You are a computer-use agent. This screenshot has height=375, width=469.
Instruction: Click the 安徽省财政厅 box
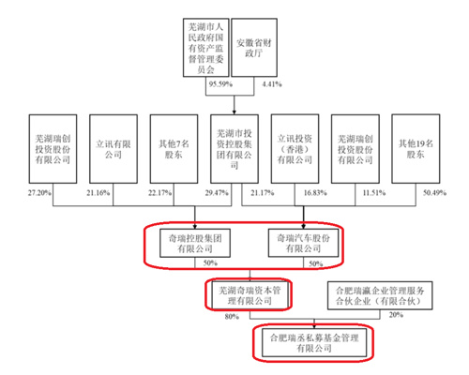coord(254,48)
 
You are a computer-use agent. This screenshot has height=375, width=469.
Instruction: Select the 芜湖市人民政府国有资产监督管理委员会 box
coord(206,48)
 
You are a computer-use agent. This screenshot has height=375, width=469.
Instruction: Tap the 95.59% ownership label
coord(220,84)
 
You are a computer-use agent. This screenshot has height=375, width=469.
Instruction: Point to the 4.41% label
coord(272,84)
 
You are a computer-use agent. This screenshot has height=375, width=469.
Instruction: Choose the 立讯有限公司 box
coord(113,149)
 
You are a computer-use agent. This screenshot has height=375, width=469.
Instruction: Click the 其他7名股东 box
coord(174,149)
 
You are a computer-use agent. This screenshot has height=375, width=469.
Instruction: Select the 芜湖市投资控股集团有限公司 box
coord(234,149)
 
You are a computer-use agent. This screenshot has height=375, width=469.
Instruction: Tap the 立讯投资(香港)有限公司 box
coord(295,149)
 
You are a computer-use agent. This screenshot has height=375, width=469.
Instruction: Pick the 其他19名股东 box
coord(416,149)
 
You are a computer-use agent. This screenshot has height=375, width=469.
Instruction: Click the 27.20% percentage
coord(39,193)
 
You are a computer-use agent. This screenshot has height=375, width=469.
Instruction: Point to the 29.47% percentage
coord(217,193)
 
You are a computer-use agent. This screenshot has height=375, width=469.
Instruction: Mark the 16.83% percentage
coord(315,193)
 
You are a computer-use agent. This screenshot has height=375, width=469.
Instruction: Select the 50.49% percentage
coord(434,193)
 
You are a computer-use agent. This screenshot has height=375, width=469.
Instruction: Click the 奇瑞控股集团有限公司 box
coord(195,243)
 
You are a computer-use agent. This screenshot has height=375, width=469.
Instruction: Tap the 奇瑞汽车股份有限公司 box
coord(303,243)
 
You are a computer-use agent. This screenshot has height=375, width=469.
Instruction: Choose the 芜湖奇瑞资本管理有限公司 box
coord(250,295)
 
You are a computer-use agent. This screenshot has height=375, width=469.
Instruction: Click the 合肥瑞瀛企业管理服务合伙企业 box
coord(380,295)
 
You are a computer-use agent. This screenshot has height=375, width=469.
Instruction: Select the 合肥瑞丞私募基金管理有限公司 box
coord(314,342)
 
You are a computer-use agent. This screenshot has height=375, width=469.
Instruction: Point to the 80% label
coord(232,317)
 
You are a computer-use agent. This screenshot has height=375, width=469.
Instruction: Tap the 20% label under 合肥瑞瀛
coord(396,315)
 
